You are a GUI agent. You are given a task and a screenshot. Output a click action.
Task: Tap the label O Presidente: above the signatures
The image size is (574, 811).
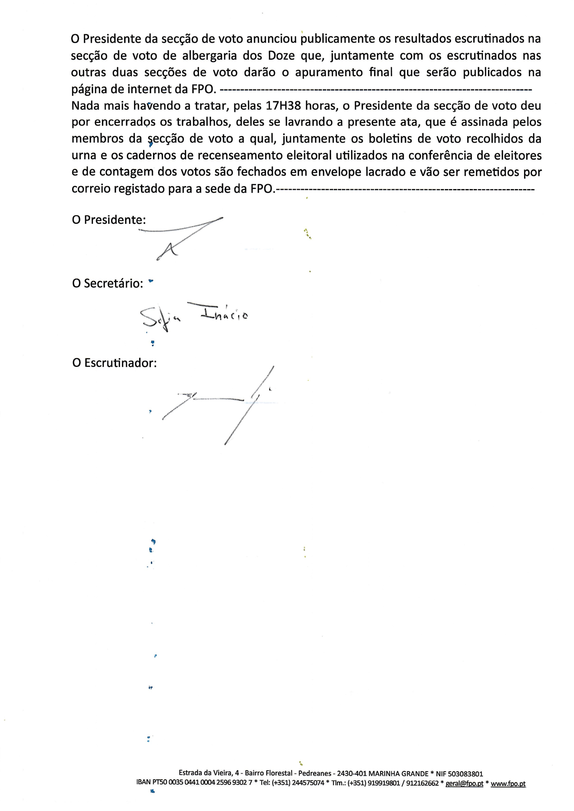pyautogui.click(x=109, y=220)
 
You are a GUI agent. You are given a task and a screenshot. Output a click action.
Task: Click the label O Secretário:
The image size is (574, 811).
pyautogui.click(x=107, y=284)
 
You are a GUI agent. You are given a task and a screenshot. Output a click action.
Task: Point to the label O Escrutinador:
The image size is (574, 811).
pyautogui.click(x=114, y=363)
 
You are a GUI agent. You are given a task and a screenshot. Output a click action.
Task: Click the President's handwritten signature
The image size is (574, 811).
pyautogui.click(x=184, y=235)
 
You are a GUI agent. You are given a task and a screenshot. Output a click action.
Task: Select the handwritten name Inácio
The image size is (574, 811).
pyautogui.click(x=224, y=313)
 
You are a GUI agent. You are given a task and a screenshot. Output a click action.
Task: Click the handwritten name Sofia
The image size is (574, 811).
pyautogui.click(x=160, y=318)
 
